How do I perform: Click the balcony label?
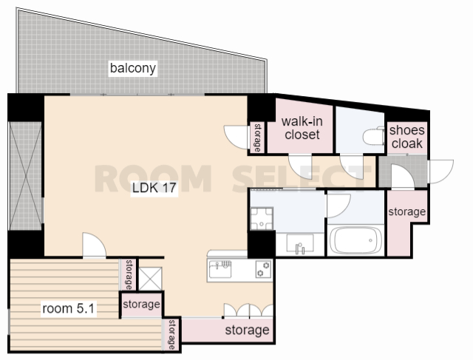pos(133,68)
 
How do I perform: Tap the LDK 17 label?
pos(154,188)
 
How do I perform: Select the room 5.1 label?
pos(69,308)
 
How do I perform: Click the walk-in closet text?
pos(302,128)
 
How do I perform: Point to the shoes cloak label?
pos(406,137)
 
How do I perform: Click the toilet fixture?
pos(373,137)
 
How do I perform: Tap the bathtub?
pos(356,240)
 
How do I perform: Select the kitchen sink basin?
pos(221,270)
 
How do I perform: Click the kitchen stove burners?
pos(263,269)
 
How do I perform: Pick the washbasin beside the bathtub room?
pos(300,243)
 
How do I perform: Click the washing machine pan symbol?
pos(262,219)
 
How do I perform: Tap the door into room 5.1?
pos(94,245)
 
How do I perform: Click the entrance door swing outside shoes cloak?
pos(440,171)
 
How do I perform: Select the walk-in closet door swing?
pos(300,167)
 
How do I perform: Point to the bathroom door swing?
pos(338,206)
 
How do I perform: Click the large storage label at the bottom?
pos(247,330)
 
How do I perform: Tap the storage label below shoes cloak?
pos(407,211)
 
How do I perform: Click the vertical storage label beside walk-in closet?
pos(258,137)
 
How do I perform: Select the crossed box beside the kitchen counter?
pos(150,279)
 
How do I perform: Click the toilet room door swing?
pos(352,167)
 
